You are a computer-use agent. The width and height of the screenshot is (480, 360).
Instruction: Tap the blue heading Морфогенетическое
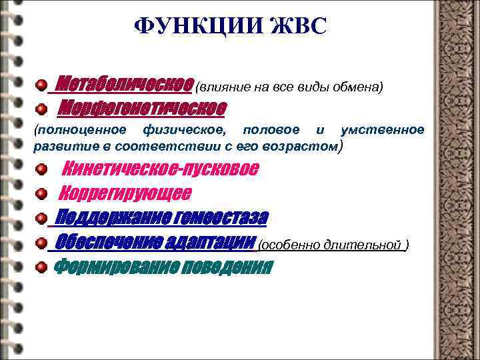[143, 107]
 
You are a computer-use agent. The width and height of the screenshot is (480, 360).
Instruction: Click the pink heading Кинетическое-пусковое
[163, 169]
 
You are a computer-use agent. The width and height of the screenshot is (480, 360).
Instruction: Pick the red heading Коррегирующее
[125, 193]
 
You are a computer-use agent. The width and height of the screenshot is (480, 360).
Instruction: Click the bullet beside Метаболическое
[41, 86]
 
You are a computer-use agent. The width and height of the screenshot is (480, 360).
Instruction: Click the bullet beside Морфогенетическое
[41, 108]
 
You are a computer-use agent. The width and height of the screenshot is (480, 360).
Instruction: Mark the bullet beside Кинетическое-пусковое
[42, 169]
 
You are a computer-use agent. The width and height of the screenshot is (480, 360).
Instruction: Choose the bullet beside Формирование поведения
[41, 267]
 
